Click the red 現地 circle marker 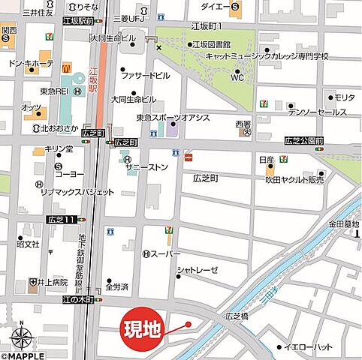click(x=143, y=328)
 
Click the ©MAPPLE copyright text click(x=25, y=354)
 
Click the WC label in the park click(x=237, y=77)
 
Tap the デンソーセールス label click(x=318, y=112)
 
